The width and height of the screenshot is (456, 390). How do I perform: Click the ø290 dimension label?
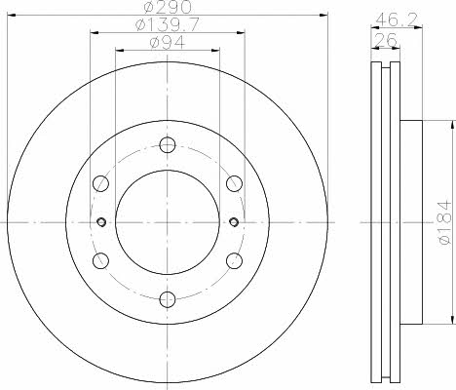coord(168,7)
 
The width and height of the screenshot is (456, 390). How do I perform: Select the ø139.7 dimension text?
coord(168,24)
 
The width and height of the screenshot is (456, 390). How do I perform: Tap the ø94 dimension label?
coord(168,42)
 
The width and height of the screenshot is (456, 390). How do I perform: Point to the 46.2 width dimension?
coord(396,20)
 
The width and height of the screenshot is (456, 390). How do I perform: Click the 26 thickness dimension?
coord(386,39)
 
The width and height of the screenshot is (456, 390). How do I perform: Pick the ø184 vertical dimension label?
coord(445,222)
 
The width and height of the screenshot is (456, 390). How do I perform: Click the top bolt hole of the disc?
coord(168,145)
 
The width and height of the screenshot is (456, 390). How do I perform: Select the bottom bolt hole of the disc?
coord(168,299)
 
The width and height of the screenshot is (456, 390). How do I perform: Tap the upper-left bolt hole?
coord(100,183)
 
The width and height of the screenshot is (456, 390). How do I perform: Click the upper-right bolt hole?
coord(234,183)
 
